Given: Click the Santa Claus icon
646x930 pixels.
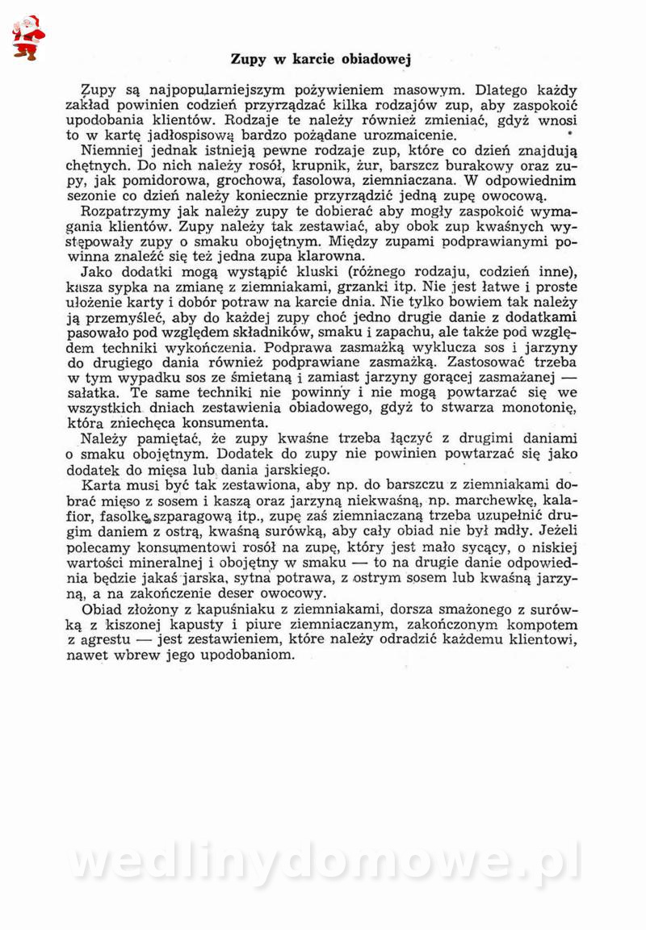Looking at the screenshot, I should (x=28, y=37).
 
